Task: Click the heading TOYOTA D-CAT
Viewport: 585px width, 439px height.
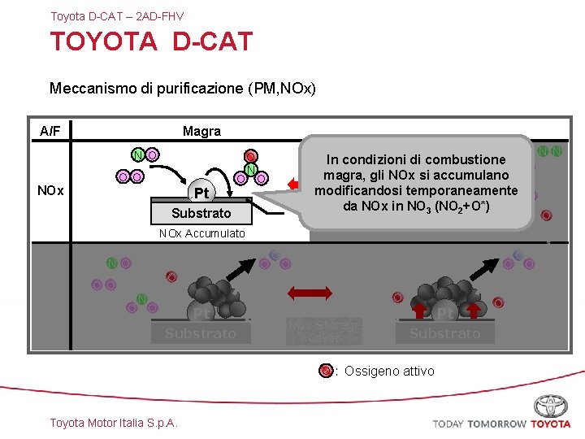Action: (x=151, y=41)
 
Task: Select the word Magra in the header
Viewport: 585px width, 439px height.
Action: (x=201, y=131)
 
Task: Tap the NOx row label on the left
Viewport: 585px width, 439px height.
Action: (x=51, y=191)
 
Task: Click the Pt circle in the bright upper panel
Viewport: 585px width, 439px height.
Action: (x=200, y=193)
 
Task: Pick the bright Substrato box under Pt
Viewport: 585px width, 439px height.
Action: (x=201, y=213)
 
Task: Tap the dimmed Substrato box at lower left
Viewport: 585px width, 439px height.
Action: (x=200, y=333)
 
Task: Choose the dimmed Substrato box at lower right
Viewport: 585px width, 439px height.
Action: (x=444, y=333)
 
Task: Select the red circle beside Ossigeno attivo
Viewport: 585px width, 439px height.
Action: (x=326, y=371)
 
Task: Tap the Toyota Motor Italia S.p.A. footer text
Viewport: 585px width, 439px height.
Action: (x=114, y=422)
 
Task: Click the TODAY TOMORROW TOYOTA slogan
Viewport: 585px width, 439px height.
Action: (x=501, y=424)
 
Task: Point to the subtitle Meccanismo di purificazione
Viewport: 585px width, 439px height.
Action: (x=183, y=87)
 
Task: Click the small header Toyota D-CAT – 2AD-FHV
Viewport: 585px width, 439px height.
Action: (x=117, y=16)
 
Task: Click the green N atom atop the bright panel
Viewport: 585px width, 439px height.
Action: (x=139, y=155)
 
